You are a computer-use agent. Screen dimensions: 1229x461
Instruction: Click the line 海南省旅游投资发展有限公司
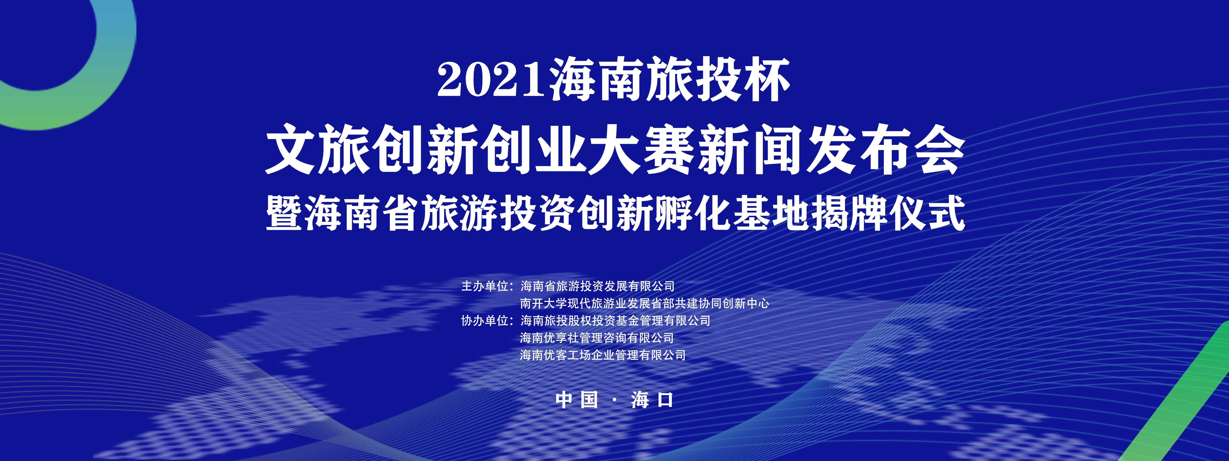point(597,286)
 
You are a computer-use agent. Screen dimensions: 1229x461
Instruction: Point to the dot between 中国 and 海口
point(614,400)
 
